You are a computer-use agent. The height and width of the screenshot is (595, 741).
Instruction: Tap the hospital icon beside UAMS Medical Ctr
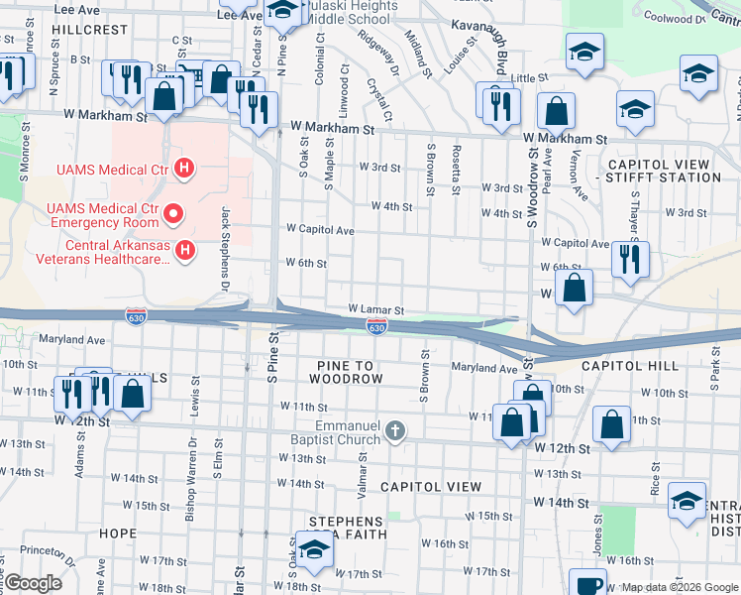pos(182,170)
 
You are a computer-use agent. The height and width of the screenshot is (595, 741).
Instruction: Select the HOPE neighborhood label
pos(118,534)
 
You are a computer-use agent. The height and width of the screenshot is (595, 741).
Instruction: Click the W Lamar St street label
pos(375,310)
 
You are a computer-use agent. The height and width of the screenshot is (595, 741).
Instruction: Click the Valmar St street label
pos(365,474)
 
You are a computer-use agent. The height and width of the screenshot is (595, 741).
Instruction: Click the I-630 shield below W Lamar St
pos(376,326)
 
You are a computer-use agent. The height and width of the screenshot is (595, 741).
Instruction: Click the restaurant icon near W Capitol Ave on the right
pos(630,259)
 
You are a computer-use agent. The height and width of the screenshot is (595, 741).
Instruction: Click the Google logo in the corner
pos(33,584)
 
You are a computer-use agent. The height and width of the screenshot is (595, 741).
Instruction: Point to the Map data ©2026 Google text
pos(679,587)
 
